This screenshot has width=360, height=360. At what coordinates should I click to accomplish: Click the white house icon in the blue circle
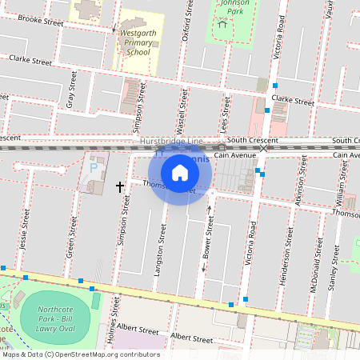point(180,172)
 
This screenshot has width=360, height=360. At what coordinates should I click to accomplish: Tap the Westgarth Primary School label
point(134,42)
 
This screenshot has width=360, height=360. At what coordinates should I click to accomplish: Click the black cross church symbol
point(120,186)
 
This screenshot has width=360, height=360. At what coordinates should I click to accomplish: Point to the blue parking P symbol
point(93,169)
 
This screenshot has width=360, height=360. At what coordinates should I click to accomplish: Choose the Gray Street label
point(71,90)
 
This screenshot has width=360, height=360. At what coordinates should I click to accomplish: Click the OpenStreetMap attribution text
point(80,354)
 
